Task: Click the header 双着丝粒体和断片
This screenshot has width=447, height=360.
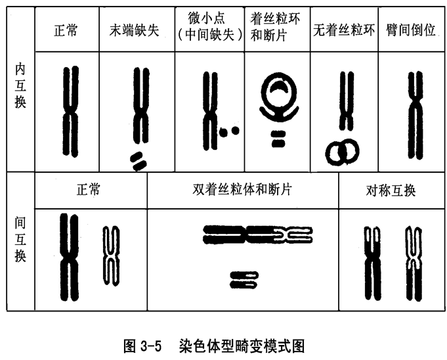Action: [242, 191]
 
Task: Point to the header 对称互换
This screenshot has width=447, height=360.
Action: [391, 191]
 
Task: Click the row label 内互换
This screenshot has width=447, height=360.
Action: [20, 85]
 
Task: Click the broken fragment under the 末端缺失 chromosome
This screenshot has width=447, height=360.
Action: [138, 160]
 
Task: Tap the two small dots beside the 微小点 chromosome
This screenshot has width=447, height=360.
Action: [228, 131]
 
